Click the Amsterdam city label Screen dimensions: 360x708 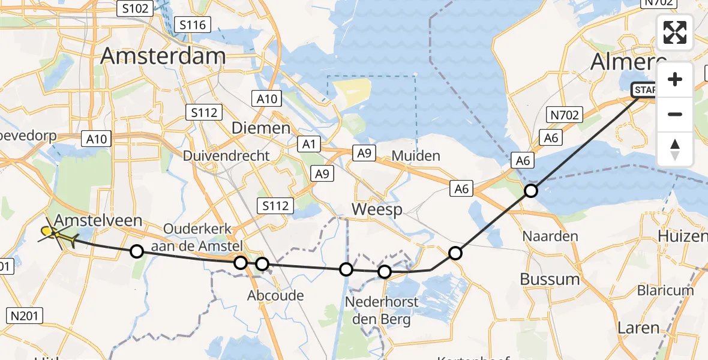163,56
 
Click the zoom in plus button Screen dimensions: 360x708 675,80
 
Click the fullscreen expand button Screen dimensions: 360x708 675,32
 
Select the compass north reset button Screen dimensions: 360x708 675,149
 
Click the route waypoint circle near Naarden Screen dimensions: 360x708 531,191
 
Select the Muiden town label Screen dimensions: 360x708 416,156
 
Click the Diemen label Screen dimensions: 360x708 261,128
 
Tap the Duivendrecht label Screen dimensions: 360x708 226,156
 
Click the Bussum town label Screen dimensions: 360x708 550,279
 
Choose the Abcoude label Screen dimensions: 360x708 275,296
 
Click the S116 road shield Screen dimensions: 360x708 192,25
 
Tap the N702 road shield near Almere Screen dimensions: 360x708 564,115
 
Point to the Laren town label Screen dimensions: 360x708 638,329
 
